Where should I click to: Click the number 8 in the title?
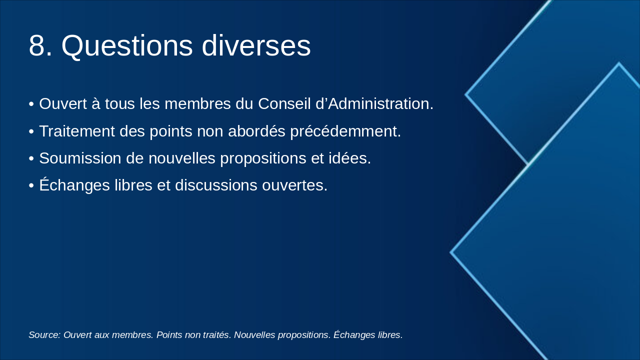(40, 45)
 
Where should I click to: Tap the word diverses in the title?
(256, 45)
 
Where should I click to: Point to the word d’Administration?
(374, 103)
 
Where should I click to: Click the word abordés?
(256, 131)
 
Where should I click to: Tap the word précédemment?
(345, 131)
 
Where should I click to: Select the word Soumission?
(80, 158)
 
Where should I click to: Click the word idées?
(349, 158)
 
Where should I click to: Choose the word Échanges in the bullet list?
(74, 184)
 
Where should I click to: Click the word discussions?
(216, 185)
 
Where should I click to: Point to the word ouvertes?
(294, 185)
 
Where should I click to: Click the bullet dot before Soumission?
(31, 158)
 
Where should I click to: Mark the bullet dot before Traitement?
(31, 131)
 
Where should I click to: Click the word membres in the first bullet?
(197, 103)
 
